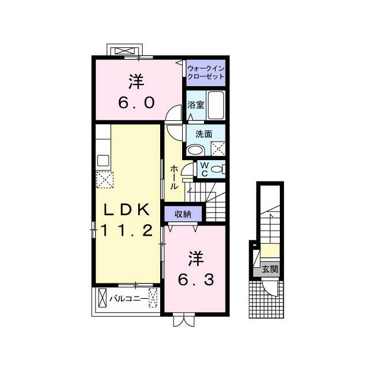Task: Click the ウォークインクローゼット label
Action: [206, 72]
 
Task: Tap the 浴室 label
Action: [195, 105]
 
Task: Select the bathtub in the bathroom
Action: [216, 105]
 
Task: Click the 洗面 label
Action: [203, 134]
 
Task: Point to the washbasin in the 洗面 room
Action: [195, 150]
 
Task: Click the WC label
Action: [205, 169]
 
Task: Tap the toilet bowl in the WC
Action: [218, 169]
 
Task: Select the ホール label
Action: [174, 177]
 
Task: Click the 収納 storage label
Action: [183, 214]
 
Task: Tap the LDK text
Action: [127, 209]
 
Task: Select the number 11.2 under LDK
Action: [127, 231]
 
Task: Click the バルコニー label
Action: [128, 299]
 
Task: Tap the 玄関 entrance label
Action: [270, 269]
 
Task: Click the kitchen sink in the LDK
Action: [103, 161]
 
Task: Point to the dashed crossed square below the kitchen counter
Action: [105, 180]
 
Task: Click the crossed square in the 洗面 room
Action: [218, 149]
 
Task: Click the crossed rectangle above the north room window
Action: [125, 51]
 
